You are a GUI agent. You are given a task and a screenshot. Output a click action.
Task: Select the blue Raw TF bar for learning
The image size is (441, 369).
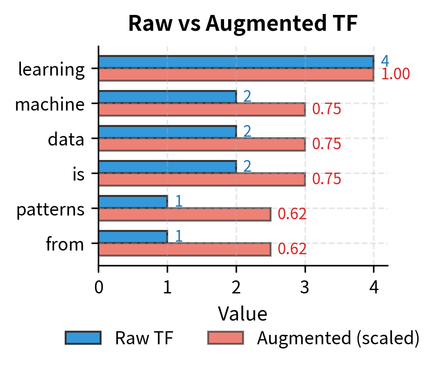(x=236, y=62)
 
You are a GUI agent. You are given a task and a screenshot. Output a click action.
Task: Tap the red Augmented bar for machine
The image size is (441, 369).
(x=202, y=109)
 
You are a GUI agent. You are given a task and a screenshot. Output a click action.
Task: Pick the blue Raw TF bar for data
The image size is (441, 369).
(x=167, y=132)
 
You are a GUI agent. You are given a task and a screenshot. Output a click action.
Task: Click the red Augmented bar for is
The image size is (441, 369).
(x=202, y=179)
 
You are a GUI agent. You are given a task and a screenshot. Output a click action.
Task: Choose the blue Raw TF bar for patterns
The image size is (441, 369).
(x=133, y=202)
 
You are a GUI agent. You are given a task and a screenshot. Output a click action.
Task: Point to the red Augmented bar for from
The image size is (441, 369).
(x=184, y=249)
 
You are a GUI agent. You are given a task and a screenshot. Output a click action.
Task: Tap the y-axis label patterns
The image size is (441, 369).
(x=50, y=209)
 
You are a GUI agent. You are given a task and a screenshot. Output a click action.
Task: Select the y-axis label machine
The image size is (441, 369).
(x=49, y=104)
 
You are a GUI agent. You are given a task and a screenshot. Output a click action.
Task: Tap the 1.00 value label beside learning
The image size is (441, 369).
(x=395, y=74)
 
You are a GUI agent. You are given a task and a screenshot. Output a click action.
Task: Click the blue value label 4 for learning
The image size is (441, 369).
(x=385, y=62)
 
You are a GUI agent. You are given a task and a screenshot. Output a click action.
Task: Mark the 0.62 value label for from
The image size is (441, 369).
(x=292, y=249)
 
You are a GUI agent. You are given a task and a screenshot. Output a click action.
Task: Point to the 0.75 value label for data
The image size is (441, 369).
(x=326, y=144)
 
